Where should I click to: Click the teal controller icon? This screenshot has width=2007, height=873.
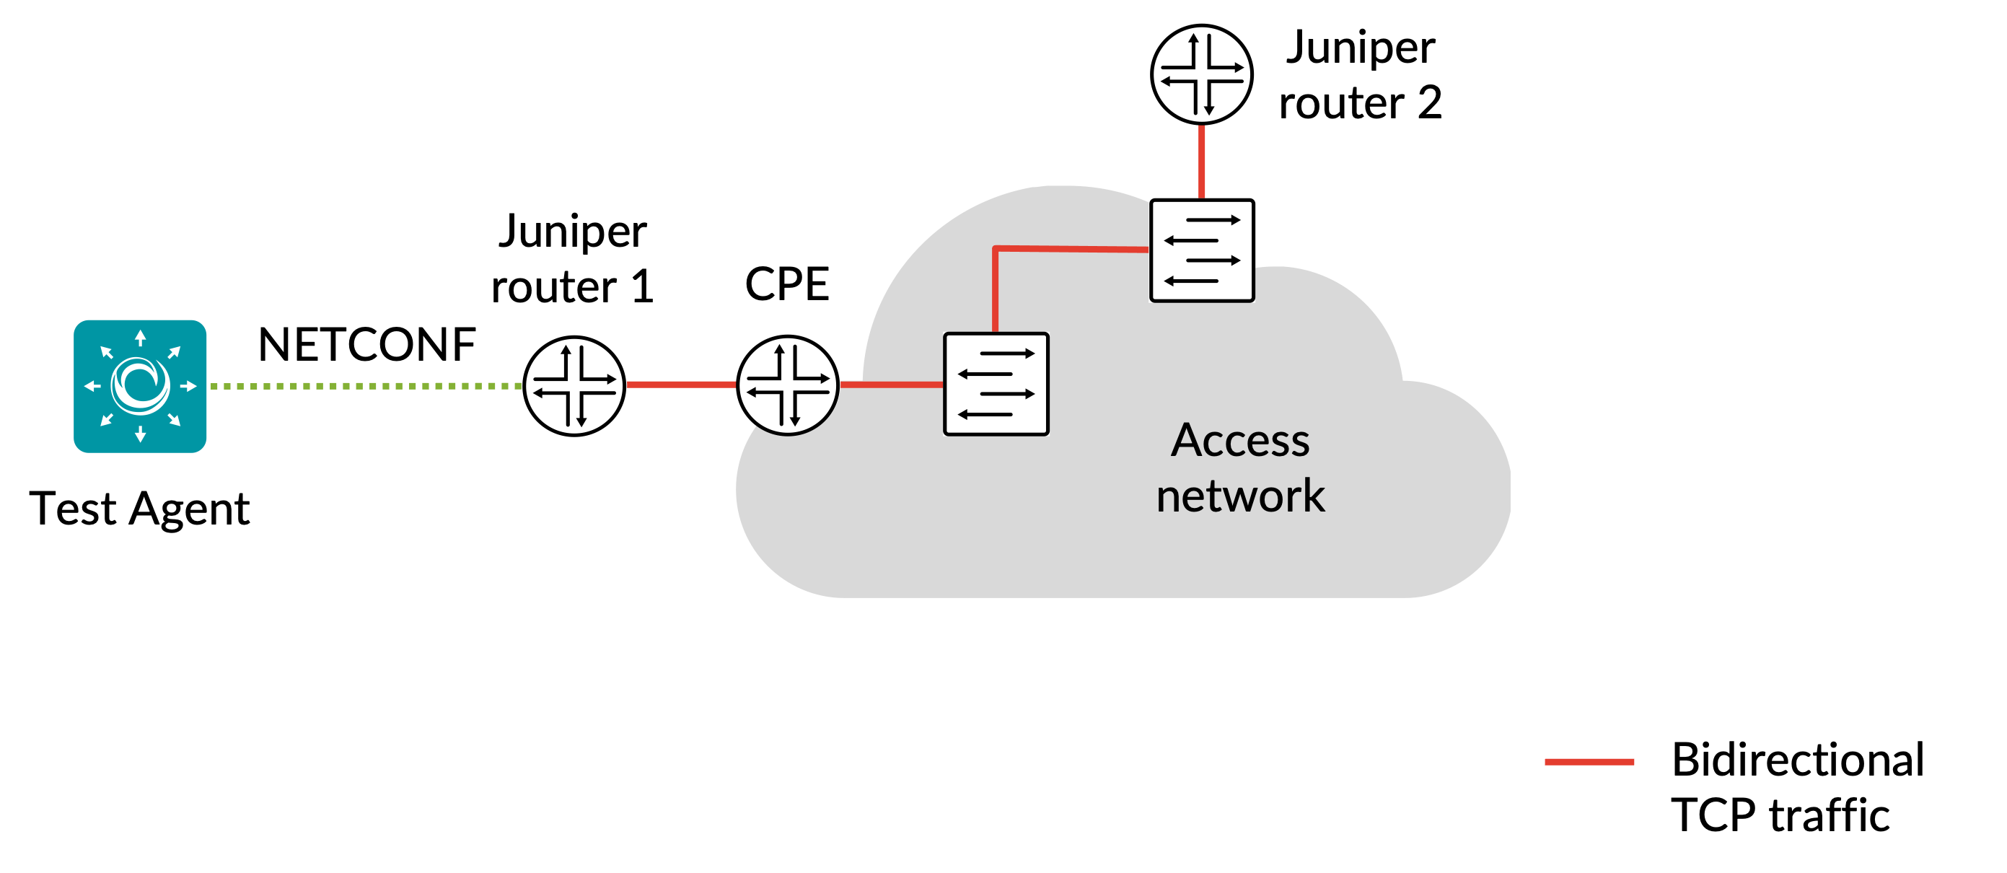[x=140, y=386]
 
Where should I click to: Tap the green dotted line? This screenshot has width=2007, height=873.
[x=366, y=386]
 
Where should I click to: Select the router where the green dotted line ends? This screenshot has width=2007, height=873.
[x=576, y=385]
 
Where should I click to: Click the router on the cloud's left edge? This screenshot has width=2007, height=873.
[x=789, y=385]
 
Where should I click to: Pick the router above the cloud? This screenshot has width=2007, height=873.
[x=1203, y=72]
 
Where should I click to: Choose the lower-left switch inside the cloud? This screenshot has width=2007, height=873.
[x=996, y=384]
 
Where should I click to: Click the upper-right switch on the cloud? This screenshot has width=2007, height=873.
[x=1202, y=250]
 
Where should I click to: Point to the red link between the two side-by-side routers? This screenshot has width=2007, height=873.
[x=682, y=385]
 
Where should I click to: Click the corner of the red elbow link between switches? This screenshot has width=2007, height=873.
[x=996, y=249]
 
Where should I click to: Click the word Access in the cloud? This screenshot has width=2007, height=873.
[x=1240, y=441]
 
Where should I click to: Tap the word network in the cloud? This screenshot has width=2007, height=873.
[x=1240, y=496]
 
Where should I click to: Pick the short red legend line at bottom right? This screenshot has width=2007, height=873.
[x=1589, y=762]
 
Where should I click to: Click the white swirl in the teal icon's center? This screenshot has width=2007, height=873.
[x=140, y=385]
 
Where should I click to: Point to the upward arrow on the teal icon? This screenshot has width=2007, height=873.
[x=140, y=338]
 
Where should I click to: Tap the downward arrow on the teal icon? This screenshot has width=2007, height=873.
[x=140, y=434]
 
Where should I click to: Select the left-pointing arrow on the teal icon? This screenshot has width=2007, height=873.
[x=92, y=386]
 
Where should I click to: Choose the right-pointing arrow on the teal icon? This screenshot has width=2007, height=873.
[x=188, y=386]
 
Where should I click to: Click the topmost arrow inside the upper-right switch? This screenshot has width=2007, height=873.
[x=1212, y=221]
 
